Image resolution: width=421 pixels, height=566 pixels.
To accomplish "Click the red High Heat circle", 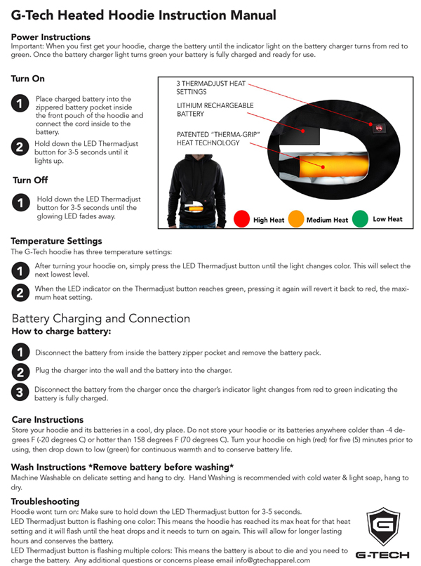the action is click(x=241, y=218).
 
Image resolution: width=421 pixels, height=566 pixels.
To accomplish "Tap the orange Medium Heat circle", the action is click(x=296, y=218).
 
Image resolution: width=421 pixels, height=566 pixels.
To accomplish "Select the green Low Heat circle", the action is click(x=360, y=218).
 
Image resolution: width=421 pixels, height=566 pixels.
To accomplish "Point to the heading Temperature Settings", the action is click(x=56, y=241).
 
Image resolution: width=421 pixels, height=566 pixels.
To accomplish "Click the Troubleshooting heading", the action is click(x=45, y=501).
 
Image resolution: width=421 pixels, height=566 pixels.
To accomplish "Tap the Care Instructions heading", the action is click(x=48, y=419).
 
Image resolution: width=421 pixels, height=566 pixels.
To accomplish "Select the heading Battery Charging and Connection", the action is click(x=101, y=318).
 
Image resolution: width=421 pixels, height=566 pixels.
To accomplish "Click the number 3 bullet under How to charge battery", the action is click(x=20, y=393).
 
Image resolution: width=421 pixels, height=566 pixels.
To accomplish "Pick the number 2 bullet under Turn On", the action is click(x=20, y=147).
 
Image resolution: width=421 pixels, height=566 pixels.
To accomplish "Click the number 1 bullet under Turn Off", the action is click(x=21, y=202).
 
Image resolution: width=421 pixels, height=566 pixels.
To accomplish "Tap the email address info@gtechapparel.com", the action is click(x=273, y=560).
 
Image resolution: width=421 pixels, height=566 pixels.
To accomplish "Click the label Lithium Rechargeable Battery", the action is click(x=215, y=110).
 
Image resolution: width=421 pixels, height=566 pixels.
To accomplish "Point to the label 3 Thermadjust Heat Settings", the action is click(x=211, y=87).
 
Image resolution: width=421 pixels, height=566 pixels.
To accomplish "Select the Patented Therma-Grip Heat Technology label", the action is click(x=218, y=138).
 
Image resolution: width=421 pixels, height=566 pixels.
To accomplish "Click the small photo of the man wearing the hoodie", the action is click(x=197, y=191).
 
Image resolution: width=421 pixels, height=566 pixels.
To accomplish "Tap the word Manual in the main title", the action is click(x=253, y=15).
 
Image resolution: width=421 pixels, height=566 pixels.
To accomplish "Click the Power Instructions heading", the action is click(x=51, y=37).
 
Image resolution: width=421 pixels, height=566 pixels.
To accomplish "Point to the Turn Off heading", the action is click(x=30, y=180).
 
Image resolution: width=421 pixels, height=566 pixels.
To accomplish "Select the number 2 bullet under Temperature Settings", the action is click(x=20, y=293).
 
